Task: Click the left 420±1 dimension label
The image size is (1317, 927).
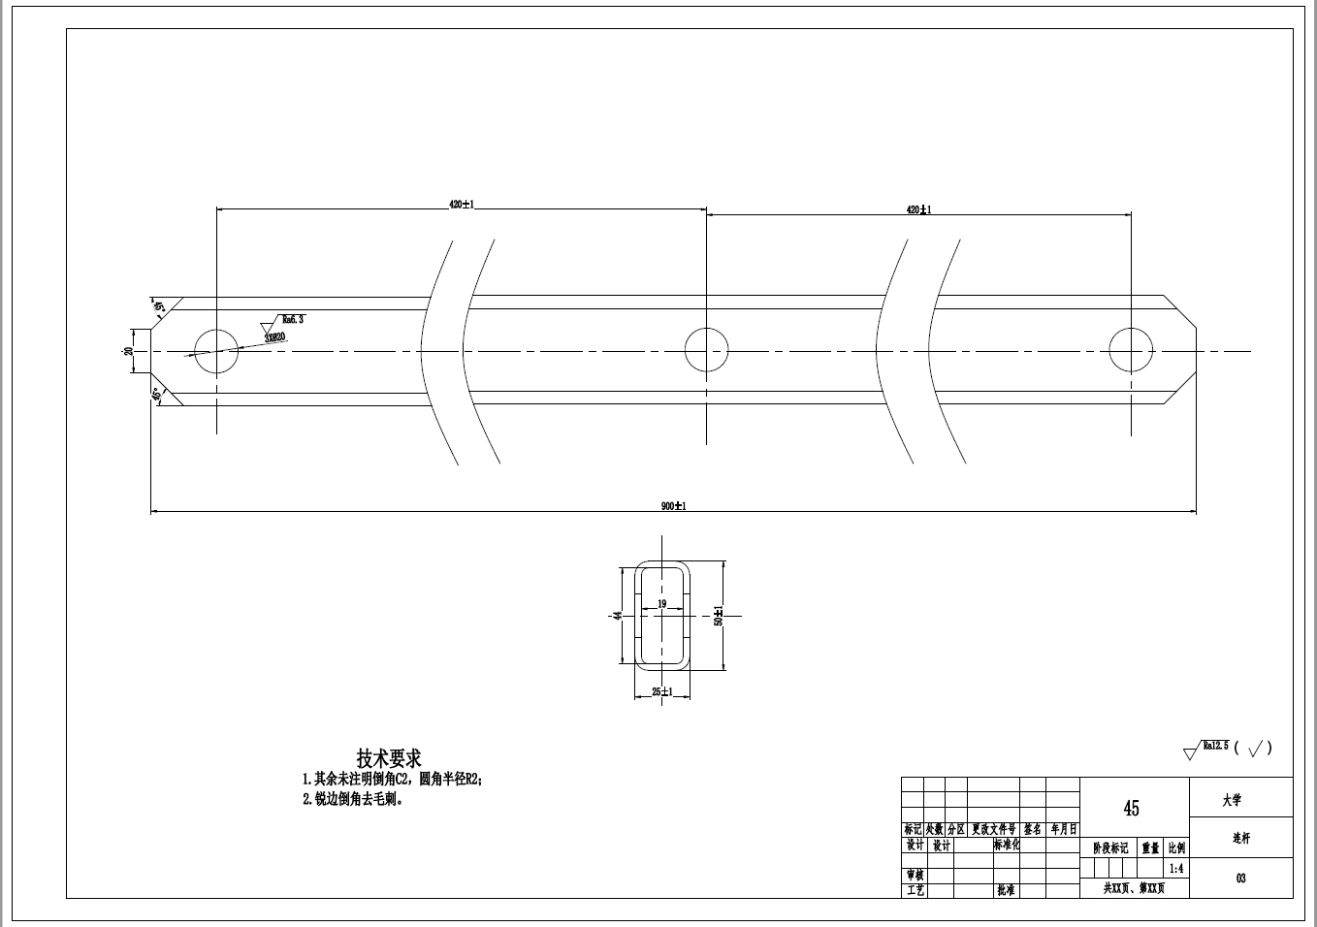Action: point(461,205)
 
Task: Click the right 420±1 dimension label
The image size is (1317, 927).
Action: point(918,209)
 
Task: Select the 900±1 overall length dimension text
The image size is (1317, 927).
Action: point(673,506)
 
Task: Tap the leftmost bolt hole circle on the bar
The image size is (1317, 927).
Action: point(216,350)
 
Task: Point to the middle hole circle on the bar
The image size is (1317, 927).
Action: point(706,349)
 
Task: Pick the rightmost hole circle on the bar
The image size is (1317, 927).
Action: point(1131,350)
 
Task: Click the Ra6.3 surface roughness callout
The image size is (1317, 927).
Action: point(292,319)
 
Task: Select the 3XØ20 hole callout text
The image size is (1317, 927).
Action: point(275,337)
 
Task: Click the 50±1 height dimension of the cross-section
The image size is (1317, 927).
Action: point(719,616)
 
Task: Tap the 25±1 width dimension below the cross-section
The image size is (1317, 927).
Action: point(662,691)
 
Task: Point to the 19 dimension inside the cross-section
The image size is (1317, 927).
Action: point(662,604)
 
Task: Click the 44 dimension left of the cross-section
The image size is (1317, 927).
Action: point(617,616)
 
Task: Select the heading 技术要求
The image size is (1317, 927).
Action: point(389,757)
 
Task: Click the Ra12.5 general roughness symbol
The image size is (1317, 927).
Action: point(1215,746)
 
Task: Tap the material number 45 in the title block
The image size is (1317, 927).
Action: point(1132,808)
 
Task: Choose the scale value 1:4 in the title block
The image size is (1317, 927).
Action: point(1175,869)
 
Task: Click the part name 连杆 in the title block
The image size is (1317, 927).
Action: point(1240,838)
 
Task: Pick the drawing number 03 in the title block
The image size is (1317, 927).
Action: point(1240,879)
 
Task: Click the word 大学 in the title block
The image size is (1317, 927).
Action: point(1232,800)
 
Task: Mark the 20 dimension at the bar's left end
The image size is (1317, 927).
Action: point(128,350)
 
